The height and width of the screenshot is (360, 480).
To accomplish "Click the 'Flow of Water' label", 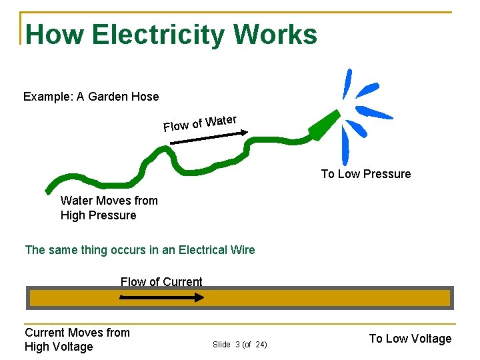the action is [200, 123].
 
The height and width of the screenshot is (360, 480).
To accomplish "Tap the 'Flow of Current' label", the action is [161, 282].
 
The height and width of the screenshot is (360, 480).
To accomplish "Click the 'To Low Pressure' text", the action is [366, 174].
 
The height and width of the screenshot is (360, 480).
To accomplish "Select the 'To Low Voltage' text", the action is [410, 339].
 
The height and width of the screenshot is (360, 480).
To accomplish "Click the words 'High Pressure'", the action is [98, 215].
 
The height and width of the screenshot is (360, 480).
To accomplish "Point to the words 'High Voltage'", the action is [59, 347].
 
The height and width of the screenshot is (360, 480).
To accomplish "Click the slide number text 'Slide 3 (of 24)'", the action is [240, 345].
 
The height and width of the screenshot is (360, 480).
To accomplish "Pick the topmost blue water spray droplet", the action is [347, 83].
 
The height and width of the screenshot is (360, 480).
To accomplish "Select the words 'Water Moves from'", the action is [109, 201].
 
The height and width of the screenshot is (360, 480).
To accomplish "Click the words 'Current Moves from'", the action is [77, 332].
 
